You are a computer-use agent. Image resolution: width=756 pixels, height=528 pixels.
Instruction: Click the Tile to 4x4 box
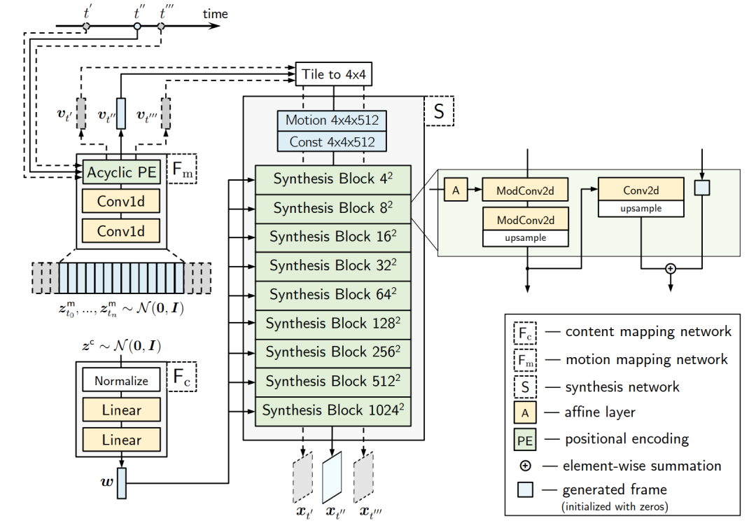coord(334,74)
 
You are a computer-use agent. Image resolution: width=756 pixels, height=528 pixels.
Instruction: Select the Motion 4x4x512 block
coord(332,120)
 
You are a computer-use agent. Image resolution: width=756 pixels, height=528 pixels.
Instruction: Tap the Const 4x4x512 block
coord(332,142)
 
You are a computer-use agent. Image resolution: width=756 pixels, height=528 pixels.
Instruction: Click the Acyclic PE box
coord(121,172)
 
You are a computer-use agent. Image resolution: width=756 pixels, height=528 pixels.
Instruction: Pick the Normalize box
coord(121,382)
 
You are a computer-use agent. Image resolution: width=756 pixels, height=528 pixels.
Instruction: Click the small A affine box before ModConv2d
coord(456,189)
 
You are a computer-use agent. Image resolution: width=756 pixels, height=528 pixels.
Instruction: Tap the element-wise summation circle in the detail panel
coord(671,268)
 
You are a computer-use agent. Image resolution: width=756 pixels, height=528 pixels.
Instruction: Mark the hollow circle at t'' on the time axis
coord(137,27)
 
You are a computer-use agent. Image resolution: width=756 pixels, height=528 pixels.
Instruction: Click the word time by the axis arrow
coord(216,14)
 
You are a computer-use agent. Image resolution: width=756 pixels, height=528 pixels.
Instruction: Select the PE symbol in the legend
coord(525,440)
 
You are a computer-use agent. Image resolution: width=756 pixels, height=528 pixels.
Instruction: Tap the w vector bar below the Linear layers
coord(121,482)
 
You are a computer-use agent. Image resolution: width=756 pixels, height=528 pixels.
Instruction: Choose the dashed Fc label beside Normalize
coord(182,378)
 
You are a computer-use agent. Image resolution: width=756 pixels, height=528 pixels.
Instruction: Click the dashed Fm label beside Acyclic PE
coord(182,169)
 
